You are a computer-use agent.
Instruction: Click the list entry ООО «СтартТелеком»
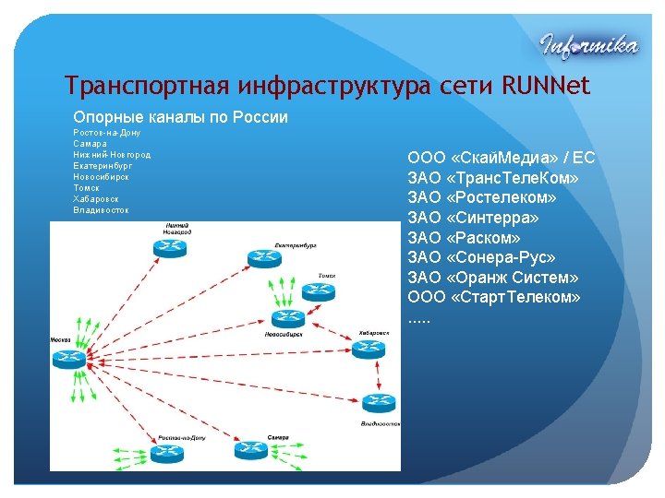pos(494,298)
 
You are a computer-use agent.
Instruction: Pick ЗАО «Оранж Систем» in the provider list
pos(492,278)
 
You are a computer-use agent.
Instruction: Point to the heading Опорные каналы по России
pos(180,118)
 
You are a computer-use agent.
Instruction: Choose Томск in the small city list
pos(87,188)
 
